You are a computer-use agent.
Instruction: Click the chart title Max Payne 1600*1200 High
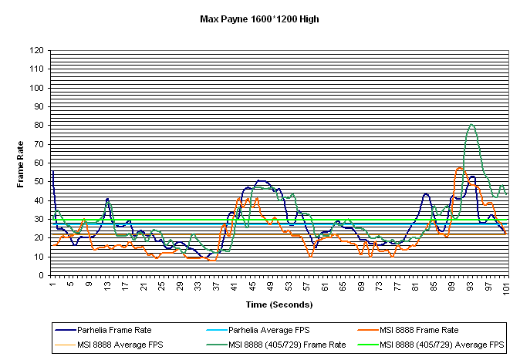coord(259,19)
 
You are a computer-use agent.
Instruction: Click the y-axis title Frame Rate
coord(21,163)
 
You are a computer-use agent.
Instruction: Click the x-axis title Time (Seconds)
coord(279,305)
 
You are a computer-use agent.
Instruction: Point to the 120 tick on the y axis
coord(36,50)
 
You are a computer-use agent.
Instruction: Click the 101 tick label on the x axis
coord(506,288)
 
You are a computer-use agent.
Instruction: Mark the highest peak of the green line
coord(471,124)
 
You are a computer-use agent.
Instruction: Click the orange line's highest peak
coord(460,168)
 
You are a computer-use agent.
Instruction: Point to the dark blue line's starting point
coord(52,171)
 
